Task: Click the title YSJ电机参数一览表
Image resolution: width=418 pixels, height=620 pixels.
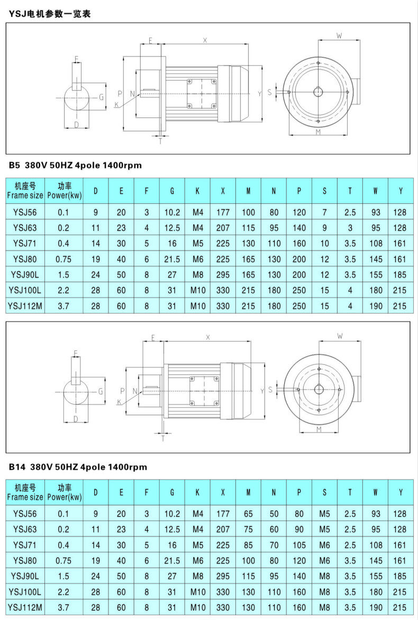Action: tap(50, 14)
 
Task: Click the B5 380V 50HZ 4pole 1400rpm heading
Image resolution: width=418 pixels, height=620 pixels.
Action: tap(75, 165)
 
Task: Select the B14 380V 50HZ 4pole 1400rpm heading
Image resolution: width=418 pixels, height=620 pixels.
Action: tap(78, 467)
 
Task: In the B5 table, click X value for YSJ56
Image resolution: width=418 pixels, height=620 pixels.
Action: tap(223, 213)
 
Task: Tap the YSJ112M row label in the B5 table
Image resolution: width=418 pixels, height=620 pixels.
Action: tap(25, 306)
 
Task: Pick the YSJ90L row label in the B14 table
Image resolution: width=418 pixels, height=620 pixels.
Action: tap(25, 576)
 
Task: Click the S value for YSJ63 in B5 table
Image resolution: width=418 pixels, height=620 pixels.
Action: tap(324, 228)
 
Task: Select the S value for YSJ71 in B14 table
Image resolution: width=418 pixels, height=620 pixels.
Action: tap(324, 545)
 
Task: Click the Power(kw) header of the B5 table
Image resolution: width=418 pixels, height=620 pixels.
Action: tap(64, 190)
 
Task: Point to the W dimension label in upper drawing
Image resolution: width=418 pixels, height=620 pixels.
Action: tap(339, 35)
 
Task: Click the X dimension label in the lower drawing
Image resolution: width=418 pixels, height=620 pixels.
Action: tap(208, 337)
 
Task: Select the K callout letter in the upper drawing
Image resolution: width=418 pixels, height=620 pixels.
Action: tap(116, 105)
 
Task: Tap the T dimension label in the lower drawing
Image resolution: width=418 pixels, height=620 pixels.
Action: tap(162, 438)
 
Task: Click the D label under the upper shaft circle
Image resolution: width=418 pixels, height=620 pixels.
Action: tap(77, 125)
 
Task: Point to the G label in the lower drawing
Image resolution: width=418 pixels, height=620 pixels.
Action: tap(100, 391)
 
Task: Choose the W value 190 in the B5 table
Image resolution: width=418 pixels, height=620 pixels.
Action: tap(375, 306)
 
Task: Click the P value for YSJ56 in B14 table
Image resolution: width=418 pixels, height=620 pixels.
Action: tap(299, 514)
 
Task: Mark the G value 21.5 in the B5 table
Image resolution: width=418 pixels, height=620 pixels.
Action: tap(172, 259)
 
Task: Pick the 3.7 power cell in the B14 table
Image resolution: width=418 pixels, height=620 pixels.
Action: tap(64, 607)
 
